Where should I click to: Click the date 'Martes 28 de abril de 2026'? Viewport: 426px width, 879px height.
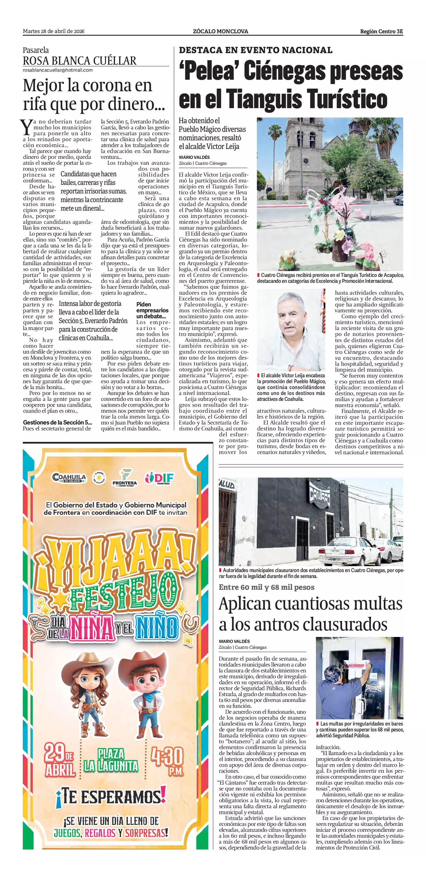click(x=54, y=31)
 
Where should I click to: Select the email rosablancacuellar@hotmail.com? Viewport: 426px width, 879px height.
click(x=58, y=70)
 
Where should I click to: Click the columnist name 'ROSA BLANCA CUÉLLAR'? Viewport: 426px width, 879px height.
click(x=79, y=61)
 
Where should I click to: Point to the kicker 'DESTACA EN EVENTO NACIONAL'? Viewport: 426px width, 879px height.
click(x=255, y=50)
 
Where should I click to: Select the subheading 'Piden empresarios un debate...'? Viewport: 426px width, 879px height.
click(x=152, y=310)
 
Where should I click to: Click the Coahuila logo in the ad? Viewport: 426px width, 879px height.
click(x=69, y=477)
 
